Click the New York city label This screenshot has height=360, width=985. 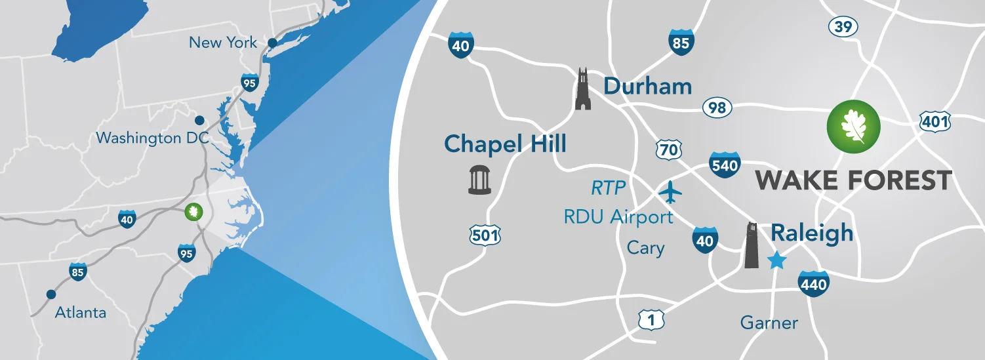pos(223,43)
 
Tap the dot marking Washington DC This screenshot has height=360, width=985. pos(199,121)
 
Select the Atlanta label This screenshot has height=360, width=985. pos(80,312)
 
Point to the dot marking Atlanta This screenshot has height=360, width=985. pos(50,294)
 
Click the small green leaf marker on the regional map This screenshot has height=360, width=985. pos(193,212)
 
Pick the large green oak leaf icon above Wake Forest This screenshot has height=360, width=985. pos(853,125)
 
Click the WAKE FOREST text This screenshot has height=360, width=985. pos(853,180)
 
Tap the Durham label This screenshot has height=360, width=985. pos(647,86)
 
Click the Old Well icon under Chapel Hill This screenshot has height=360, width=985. pos(479,180)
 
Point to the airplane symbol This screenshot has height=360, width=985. pos(670,191)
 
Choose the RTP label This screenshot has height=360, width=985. pos(608,189)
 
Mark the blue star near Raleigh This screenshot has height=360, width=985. pos(777,260)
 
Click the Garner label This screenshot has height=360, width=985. pos(769,323)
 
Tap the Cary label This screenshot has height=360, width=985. pos(645,248)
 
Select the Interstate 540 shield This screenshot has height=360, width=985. pos(725,165)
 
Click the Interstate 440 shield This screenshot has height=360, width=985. pos(813,283)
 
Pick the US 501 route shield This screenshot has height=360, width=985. pos(485,235)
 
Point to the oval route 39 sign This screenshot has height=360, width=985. pos(843,27)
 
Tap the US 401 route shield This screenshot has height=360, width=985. pos(935,121)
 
